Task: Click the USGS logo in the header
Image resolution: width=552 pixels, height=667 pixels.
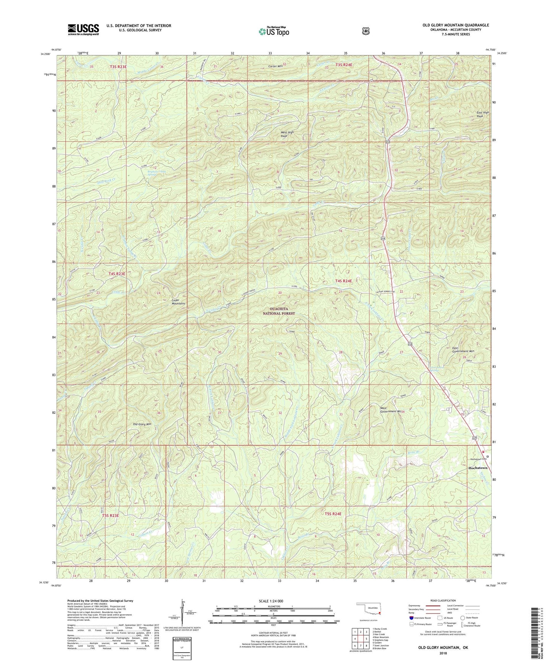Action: (83, 29)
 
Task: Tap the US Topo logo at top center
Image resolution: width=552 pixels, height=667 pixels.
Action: (274, 31)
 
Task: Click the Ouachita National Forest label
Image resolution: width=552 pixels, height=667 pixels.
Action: (278, 311)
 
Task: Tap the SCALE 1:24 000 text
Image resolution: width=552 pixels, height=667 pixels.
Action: (272, 601)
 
